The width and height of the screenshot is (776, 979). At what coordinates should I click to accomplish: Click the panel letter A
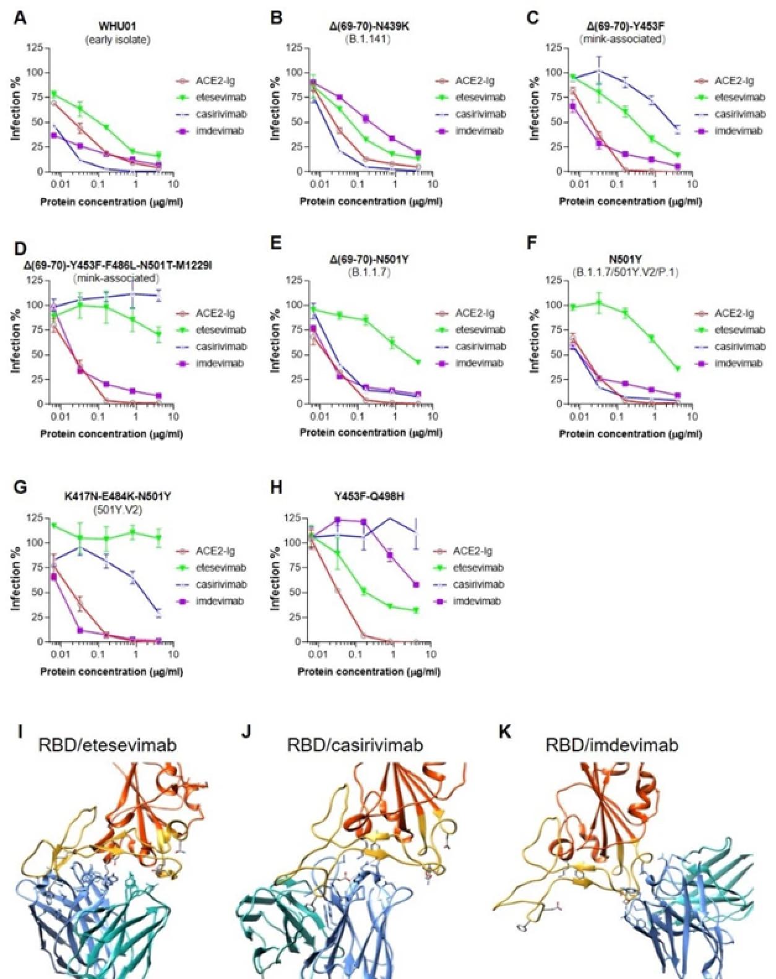coord(20,18)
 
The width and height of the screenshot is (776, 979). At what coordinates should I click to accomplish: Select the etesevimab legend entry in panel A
coord(221,97)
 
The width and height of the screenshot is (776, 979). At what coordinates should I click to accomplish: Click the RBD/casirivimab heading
coord(355,745)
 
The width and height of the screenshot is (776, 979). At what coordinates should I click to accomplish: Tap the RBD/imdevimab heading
coord(611,745)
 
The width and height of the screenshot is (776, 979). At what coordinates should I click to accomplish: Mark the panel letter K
coord(504,733)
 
